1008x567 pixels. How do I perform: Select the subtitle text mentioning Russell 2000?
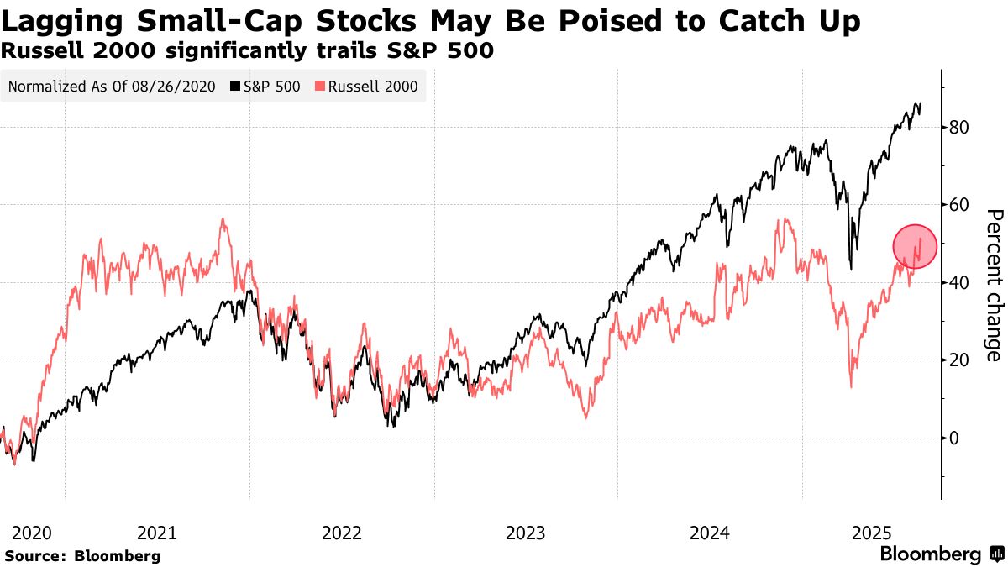pos(247,51)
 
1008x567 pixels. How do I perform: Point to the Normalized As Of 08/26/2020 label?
pos(112,86)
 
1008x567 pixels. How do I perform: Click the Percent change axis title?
pos(993,286)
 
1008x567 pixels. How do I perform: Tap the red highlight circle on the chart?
pos(914,246)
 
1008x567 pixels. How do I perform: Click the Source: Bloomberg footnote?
pos(82,555)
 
